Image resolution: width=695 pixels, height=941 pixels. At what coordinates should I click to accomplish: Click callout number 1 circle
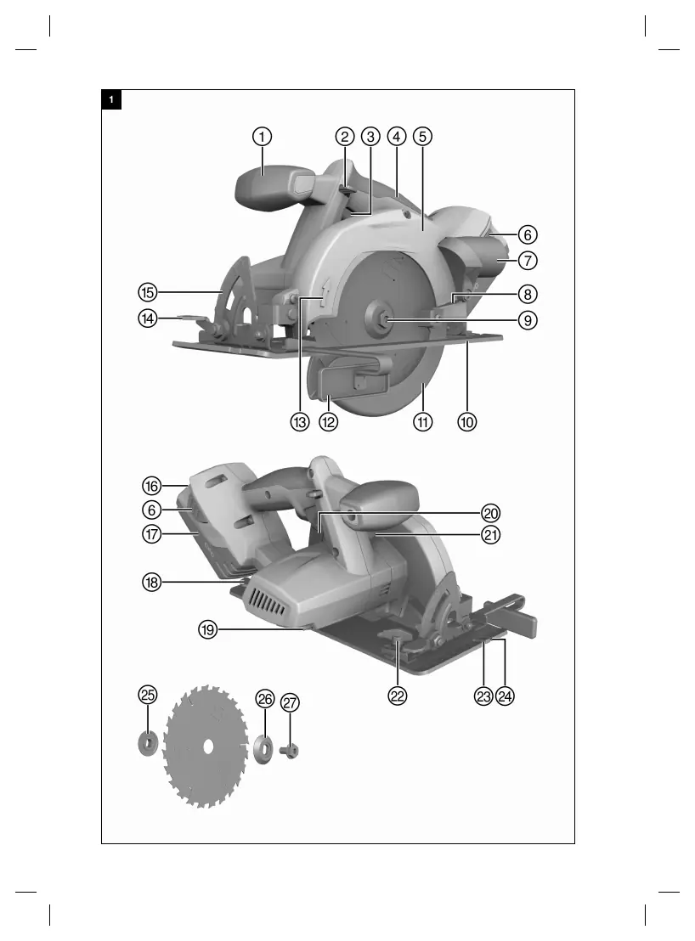click(262, 137)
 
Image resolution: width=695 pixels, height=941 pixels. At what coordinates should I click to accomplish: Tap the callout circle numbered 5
click(422, 137)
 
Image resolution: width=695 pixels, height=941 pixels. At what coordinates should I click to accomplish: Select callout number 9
click(528, 320)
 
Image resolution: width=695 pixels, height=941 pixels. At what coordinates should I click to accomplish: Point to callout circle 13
click(300, 422)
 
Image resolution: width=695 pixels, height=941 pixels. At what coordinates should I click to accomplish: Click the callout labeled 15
click(148, 292)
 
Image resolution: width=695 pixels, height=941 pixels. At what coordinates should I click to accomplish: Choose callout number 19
click(207, 629)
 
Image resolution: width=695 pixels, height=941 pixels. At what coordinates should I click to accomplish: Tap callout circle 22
click(398, 696)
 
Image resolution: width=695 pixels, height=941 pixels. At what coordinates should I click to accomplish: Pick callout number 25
click(148, 695)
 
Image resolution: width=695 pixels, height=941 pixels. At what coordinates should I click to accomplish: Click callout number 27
click(290, 702)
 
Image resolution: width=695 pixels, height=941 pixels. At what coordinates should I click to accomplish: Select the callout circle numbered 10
click(467, 422)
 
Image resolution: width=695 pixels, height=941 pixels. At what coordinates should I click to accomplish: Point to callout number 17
click(152, 533)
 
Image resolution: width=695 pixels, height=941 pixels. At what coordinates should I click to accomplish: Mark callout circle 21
click(491, 534)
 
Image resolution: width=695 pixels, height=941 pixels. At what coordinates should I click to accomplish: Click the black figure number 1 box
click(111, 99)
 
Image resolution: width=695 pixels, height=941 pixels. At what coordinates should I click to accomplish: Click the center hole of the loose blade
click(207, 746)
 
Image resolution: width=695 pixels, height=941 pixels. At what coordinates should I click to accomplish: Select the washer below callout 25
click(146, 744)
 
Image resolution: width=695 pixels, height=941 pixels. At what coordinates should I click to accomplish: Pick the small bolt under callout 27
click(290, 750)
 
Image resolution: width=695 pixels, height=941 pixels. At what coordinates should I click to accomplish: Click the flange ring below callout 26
click(263, 748)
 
